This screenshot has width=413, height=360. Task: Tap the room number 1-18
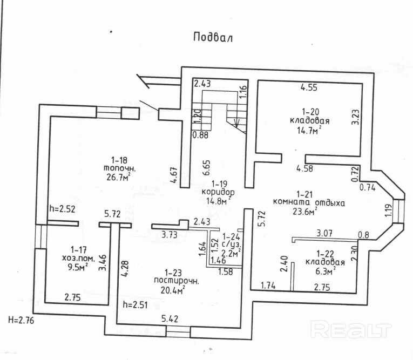click(x=119, y=160)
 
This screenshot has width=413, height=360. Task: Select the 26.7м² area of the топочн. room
click(x=119, y=177)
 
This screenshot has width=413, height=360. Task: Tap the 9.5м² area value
click(x=76, y=267)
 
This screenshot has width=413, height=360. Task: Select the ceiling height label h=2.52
click(x=61, y=209)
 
